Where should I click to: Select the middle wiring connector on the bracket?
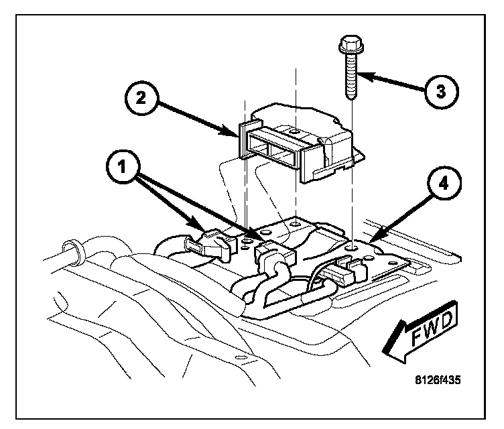click(271, 254)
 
